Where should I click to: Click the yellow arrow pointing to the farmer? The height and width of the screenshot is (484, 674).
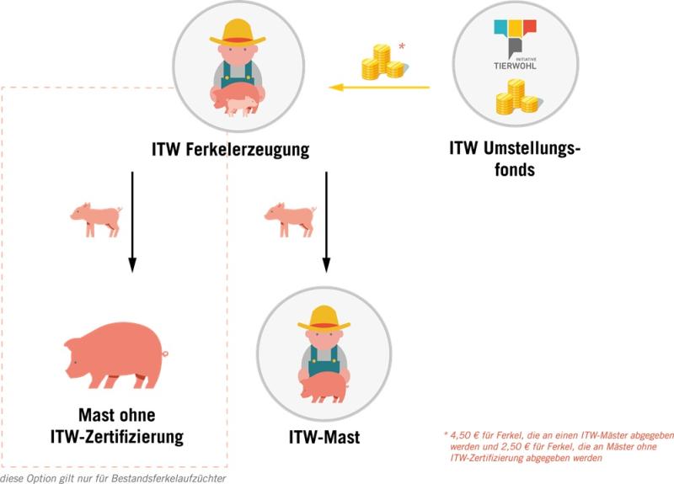tap(379, 88)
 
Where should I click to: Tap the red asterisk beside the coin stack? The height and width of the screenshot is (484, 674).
tap(402, 46)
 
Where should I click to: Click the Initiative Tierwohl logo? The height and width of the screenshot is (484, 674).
tap(516, 45)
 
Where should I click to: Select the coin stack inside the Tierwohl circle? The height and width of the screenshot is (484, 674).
tap(517, 97)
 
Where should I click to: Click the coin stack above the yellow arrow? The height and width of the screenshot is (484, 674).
tap(383, 61)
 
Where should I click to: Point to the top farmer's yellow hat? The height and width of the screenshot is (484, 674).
tap(238, 32)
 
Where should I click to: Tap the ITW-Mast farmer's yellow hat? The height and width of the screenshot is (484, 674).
tap(324, 318)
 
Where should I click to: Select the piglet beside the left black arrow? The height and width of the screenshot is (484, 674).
tap(96, 220)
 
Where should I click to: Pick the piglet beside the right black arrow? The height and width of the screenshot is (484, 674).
tap(290, 220)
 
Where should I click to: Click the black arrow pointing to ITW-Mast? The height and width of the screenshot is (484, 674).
tap(326, 222)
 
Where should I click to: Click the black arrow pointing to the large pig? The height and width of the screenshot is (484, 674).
tap(132, 222)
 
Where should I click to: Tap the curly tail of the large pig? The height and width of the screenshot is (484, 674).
tap(164, 354)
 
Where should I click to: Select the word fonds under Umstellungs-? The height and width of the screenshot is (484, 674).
tap(515, 169)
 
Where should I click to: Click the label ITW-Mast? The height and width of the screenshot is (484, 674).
tap(324, 437)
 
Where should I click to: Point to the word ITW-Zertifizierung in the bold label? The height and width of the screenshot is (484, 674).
tap(117, 436)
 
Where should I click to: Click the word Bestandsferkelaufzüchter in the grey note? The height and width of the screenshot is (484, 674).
tap(168, 478)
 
